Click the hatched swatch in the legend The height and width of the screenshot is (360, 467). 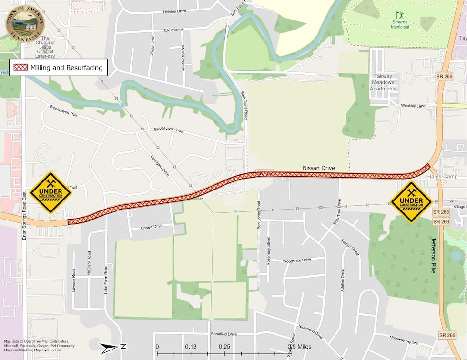click(20, 68)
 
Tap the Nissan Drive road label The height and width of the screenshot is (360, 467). click(319, 168)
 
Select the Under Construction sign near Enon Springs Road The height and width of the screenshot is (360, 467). click(50, 192)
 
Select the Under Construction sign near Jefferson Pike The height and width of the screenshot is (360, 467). click(411, 202)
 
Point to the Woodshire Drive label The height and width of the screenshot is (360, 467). click(296, 260)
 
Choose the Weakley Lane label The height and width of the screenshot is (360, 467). click(413, 106)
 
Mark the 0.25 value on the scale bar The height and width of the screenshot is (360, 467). click(223, 347)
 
